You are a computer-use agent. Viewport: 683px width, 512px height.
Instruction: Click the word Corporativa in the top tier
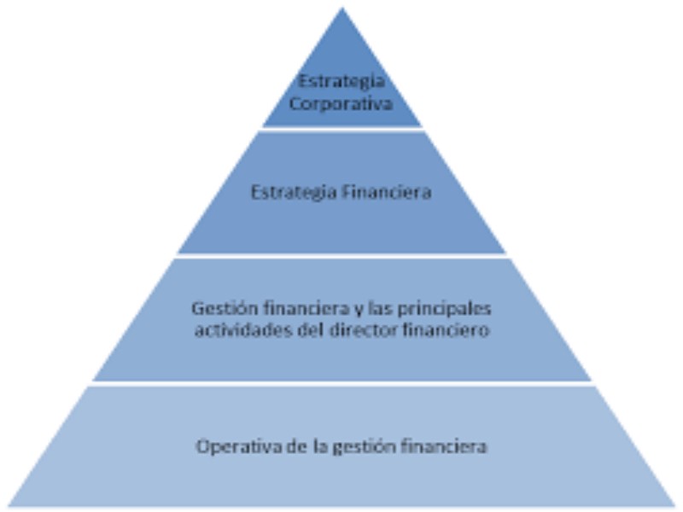click(x=341, y=104)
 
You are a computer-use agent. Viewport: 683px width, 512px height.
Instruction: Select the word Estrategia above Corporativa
click(x=341, y=82)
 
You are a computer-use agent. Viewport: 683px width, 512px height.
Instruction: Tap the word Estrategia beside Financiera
click(x=294, y=193)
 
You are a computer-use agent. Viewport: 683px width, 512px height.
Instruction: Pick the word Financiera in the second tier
click(x=387, y=192)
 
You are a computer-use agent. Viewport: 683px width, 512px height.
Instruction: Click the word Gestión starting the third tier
click(x=225, y=309)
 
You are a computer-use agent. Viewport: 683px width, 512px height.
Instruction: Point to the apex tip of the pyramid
click(x=342, y=8)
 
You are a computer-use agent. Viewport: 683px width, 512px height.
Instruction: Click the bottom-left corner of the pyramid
click(x=8, y=506)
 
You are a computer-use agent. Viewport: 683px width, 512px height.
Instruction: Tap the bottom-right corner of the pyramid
click(x=676, y=506)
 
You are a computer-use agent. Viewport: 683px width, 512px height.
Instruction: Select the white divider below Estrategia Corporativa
click(x=342, y=129)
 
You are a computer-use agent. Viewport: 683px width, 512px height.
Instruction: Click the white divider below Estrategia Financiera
click(x=342, y=255)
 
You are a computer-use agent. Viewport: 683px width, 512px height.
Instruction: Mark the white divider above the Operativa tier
click(x=342, y=383)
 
